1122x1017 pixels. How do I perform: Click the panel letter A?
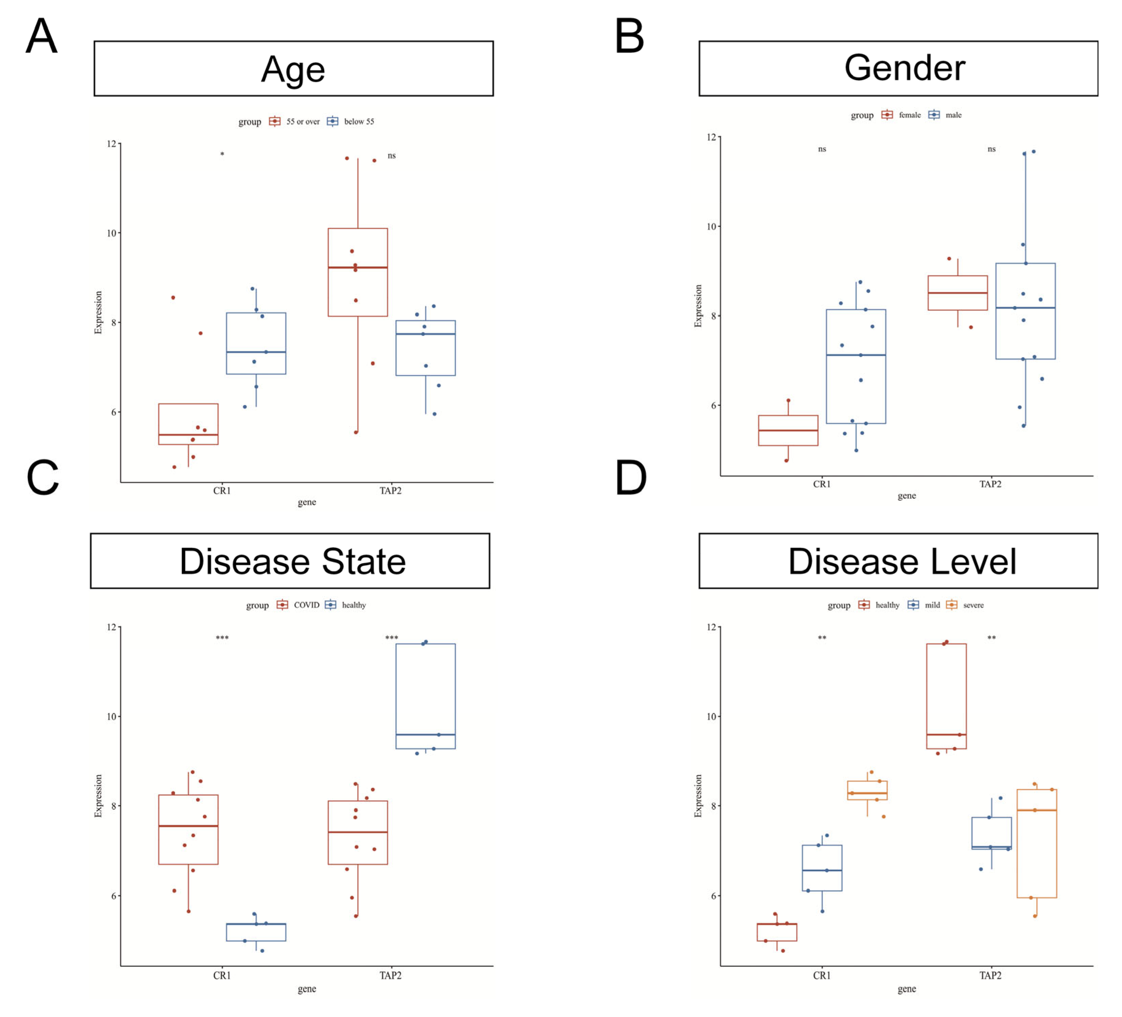(x=42, y=36)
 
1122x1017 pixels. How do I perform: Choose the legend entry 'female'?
(x=909, y=115)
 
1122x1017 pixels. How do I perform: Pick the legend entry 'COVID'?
(x=306, y=605)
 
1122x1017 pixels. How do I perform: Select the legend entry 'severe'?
(x=973, y=605)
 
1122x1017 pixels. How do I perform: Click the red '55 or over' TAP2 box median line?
(x=357, y=268)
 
